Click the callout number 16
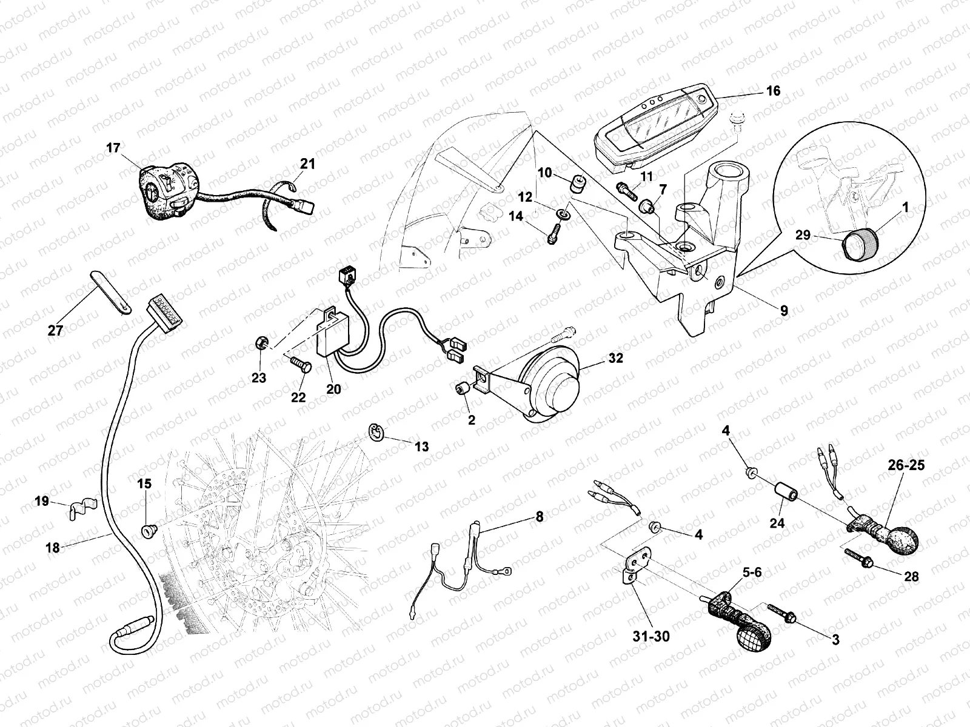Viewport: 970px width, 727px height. (x=773, y=91)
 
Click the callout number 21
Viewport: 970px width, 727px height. (x=307, y=164)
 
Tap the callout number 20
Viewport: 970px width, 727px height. (x=333, y=389)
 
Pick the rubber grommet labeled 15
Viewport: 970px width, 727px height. (x=147, y=530)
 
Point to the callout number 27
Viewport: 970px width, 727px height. (x=55, y=330)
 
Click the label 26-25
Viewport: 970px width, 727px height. (x=906, y=465)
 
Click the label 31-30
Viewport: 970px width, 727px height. (x=651, y=636)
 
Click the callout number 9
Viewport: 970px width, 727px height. (x=784, y=311)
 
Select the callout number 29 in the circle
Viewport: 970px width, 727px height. (x=803, y=235)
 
